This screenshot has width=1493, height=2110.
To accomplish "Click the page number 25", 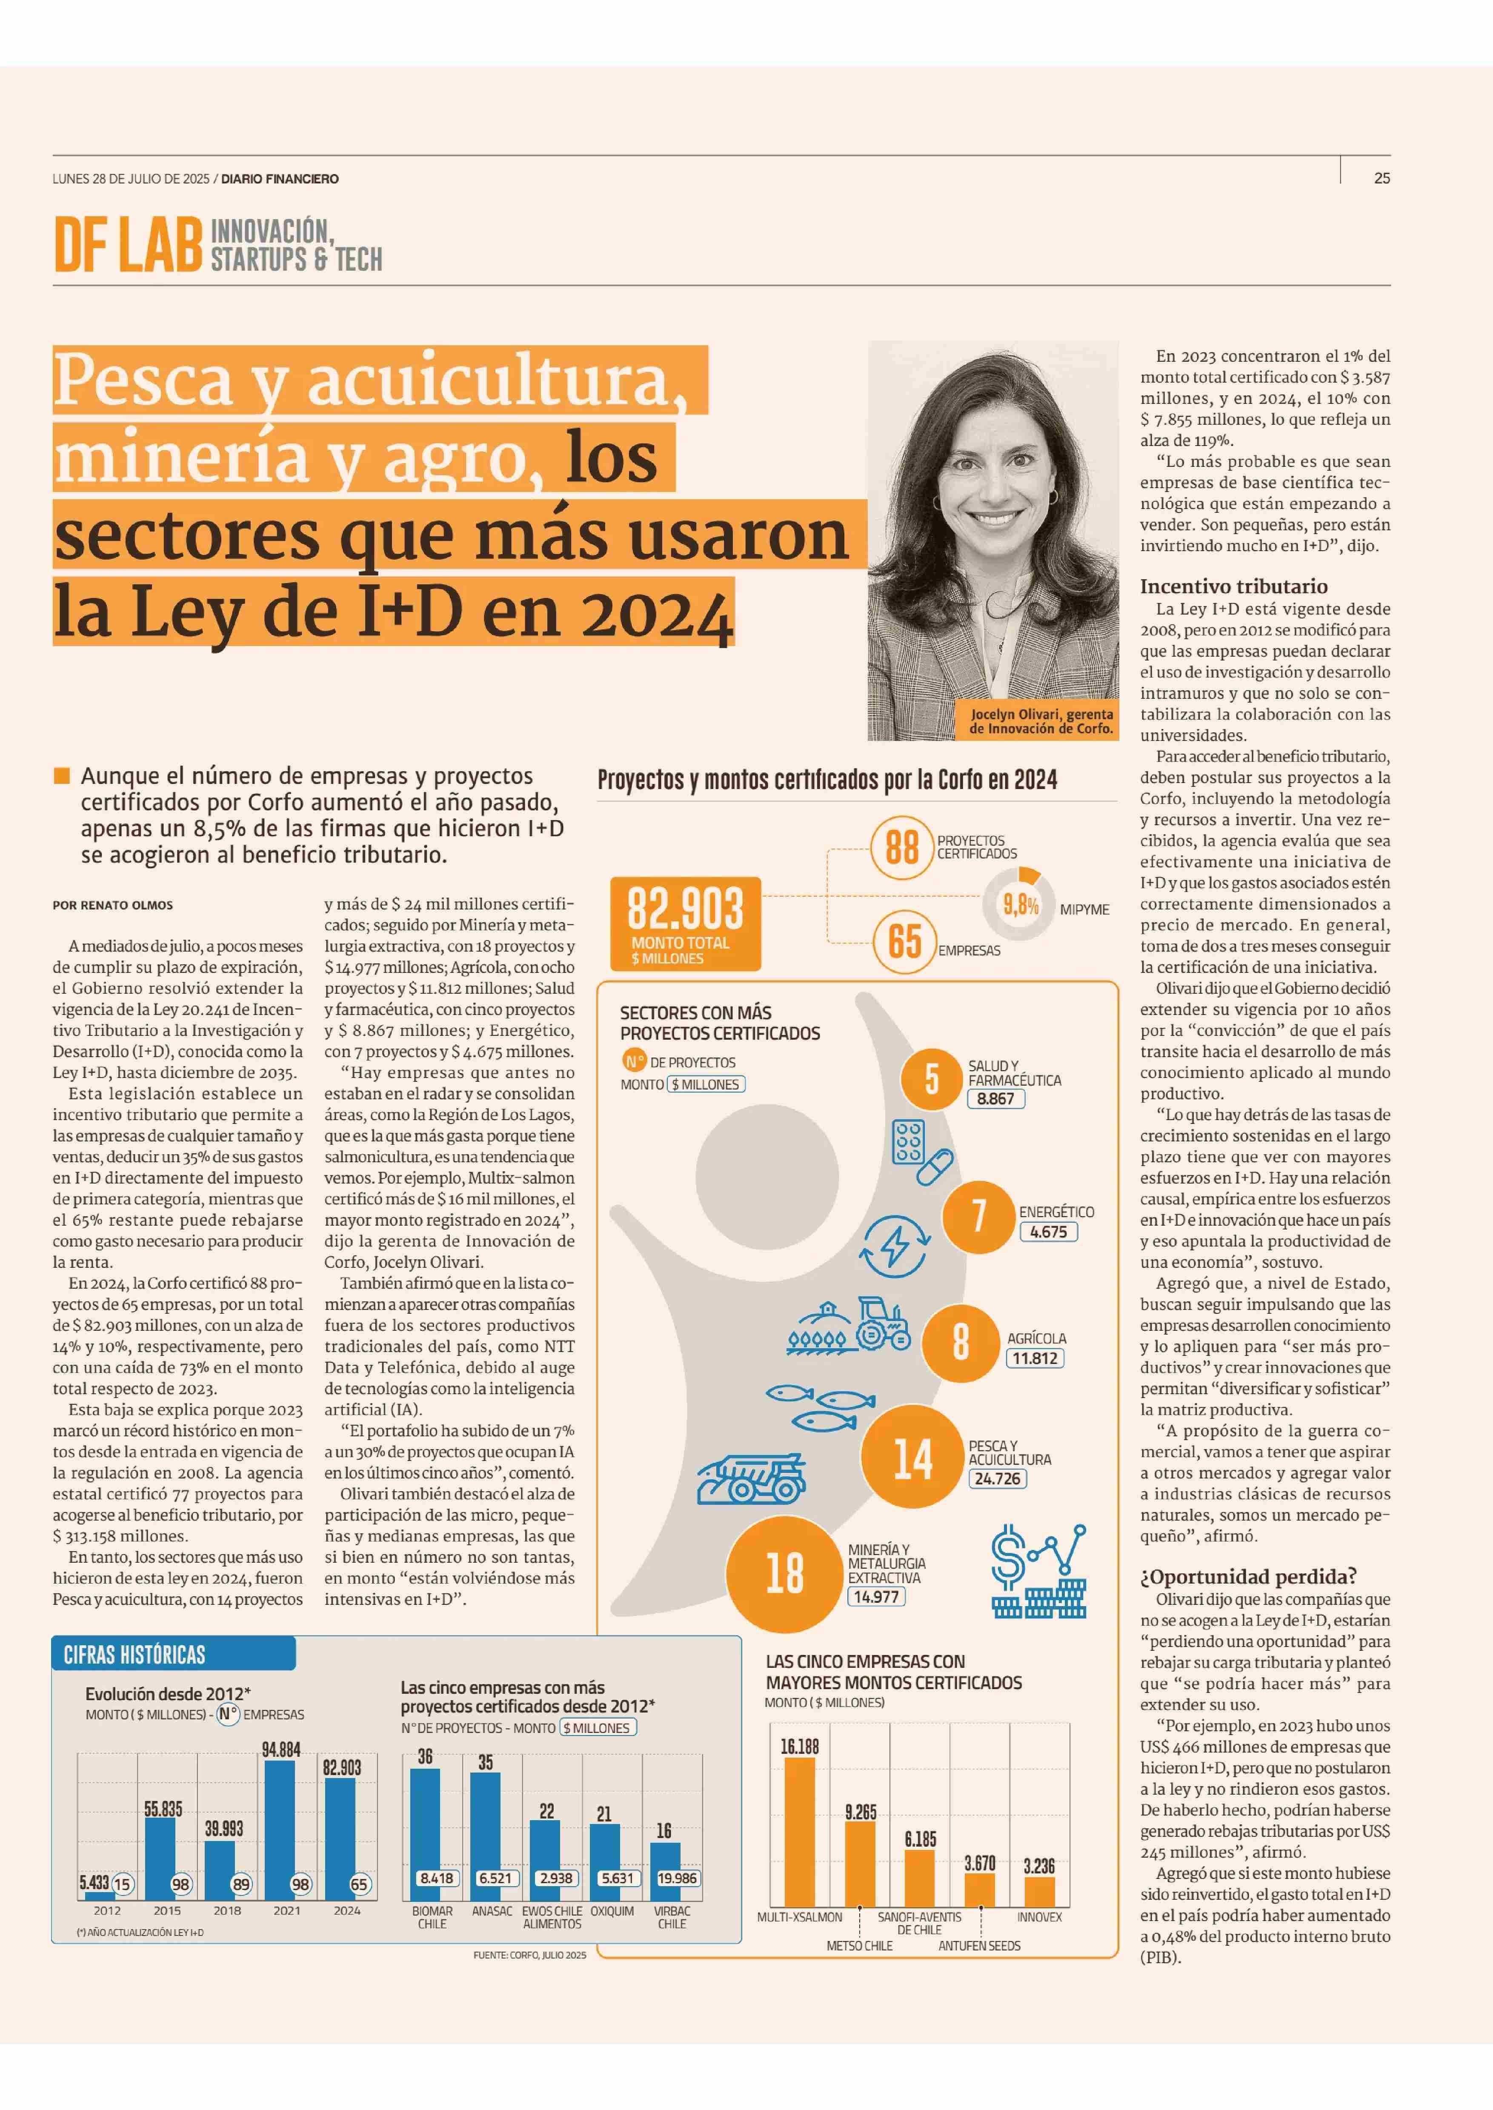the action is point(1382,178).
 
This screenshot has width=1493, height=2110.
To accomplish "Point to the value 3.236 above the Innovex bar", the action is point(1039,1865).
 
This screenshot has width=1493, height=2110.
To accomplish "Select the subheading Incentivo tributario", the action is point(1234,586).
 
